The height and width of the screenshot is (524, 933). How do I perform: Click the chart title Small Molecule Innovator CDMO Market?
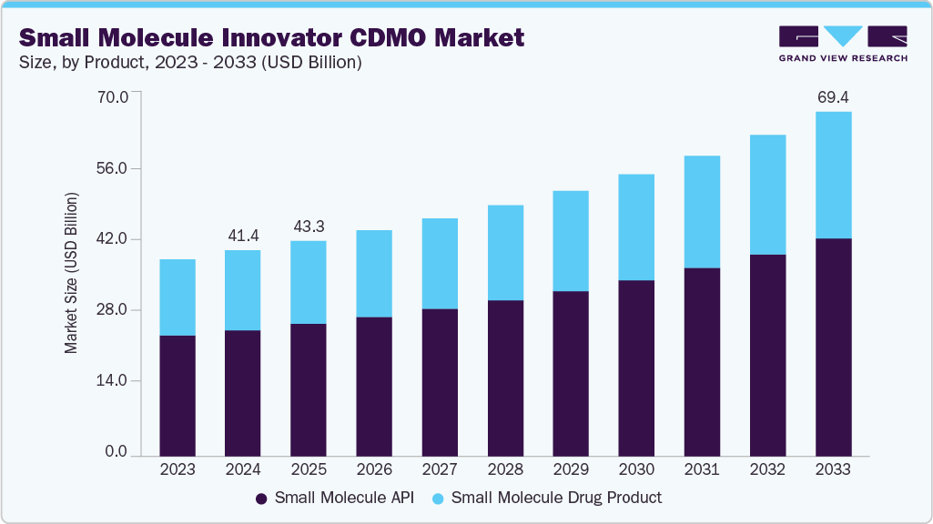(x=271, y=37)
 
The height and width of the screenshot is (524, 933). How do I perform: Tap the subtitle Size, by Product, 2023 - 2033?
(x=190, y=63)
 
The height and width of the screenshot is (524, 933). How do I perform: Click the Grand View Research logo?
(x=842, y=43)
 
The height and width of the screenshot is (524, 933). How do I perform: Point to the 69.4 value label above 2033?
(x=833, y=96)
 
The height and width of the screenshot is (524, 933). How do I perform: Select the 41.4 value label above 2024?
(x=242, y=236)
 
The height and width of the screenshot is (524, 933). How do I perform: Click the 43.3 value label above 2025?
(x=308, y=226)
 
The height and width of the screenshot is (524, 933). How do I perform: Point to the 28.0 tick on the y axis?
(x=115, y=310)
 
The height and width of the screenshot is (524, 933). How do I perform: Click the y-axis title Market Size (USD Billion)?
(x=71, y=273)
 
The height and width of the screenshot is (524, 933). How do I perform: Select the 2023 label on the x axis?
(x=177, y=470)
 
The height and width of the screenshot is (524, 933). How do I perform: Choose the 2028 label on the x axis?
(x=505, y=470)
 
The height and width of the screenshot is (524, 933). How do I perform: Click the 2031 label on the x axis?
(x=702, y=470)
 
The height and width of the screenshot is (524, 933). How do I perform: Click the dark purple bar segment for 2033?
(x=833, y=346)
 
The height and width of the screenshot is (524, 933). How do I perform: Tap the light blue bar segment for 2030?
(x=636, y=227)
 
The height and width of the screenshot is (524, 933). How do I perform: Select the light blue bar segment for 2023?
(x=177, y=297)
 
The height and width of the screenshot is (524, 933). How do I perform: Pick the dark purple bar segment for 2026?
(x=374, y=386)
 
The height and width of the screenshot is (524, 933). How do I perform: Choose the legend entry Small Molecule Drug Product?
(x=556, y=498)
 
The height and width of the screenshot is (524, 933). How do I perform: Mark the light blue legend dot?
(x=437, y=499)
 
